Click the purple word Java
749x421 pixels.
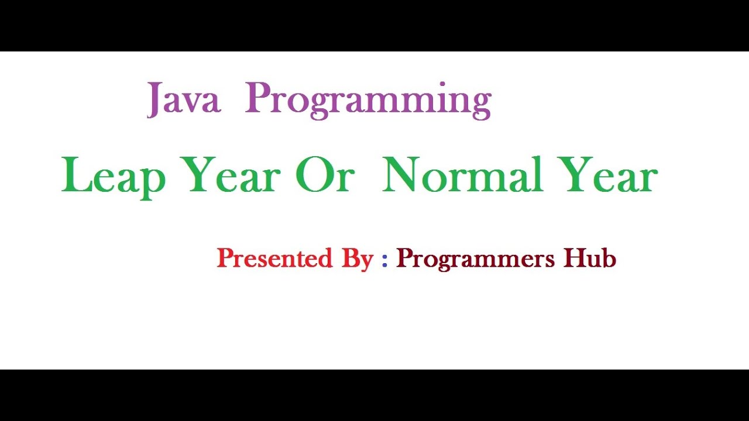[184, 99]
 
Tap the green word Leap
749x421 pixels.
[114, 175]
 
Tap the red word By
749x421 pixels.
[358, 259]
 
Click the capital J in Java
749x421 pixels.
[155, 99]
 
